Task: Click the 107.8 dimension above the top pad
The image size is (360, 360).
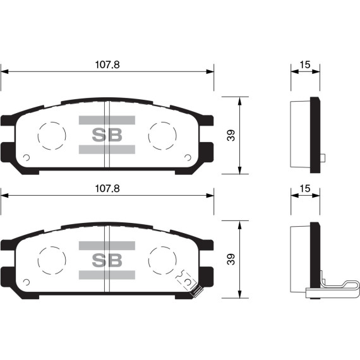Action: [107, 64]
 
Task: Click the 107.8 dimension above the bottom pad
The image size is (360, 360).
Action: [107, 189]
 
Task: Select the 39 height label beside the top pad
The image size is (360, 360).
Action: [231, 135]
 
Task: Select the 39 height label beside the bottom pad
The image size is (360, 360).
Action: [231, 259]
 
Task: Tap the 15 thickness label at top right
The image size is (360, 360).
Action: [305, 64]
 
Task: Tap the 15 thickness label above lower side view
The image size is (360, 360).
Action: [305, 189]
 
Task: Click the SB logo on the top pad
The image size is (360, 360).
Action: [107, 135]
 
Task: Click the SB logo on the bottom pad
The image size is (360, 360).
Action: [107, 260]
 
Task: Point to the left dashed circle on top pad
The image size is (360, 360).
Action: [52, 135]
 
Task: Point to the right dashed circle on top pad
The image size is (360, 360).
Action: [162, 135]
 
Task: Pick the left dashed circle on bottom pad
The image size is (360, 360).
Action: [52, 259]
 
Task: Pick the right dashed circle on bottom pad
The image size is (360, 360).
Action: [162, 259]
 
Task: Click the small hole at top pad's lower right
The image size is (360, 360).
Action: [188, 158]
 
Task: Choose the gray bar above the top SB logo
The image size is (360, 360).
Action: [107, 120]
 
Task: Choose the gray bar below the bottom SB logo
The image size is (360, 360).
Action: [107, 275]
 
